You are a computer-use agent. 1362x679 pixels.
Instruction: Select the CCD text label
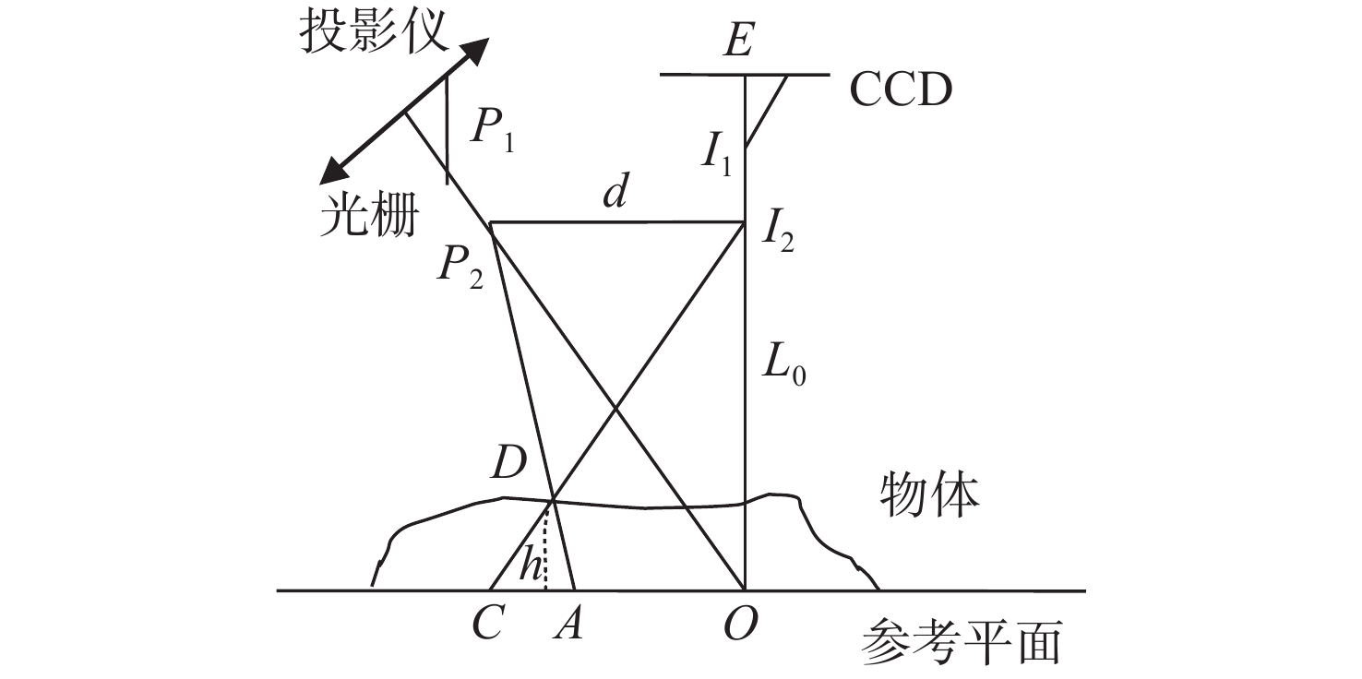900,90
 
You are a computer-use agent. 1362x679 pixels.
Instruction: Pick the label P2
460,268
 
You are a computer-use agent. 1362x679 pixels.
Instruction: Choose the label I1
715,154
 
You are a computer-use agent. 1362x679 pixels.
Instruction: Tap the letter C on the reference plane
486,625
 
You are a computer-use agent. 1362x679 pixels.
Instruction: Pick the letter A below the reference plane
567,625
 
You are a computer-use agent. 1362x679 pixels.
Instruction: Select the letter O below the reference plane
741,625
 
